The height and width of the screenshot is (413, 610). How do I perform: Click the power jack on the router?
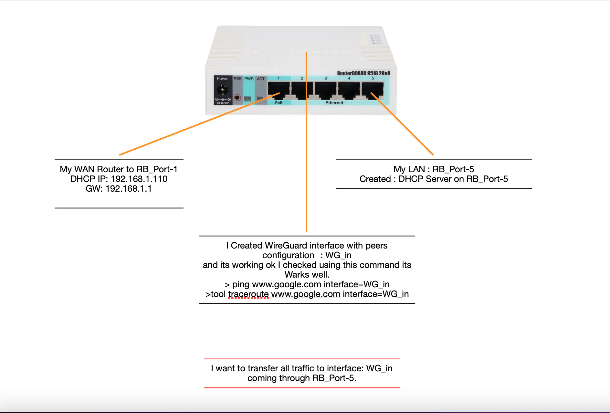[222, 89]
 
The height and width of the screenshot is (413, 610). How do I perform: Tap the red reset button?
[237, 97]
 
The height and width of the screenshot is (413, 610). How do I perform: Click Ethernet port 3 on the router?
[326, 90]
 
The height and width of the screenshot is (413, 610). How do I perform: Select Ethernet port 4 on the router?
[349, 90]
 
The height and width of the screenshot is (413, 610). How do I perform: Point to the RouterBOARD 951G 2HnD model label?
[363, 73]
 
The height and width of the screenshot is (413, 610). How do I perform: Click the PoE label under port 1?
[279, 103]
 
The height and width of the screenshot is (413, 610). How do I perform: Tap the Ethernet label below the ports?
[334, 103]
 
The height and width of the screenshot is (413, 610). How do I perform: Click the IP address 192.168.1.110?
[139, 179]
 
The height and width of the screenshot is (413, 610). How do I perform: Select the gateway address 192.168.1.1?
[128, 189]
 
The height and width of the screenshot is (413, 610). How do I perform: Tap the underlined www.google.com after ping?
[286, 284]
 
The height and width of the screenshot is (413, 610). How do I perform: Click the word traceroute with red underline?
[248, 294]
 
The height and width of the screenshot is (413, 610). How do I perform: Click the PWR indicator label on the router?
[249, 79]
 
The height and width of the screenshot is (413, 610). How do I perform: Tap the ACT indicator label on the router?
[261, 79]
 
